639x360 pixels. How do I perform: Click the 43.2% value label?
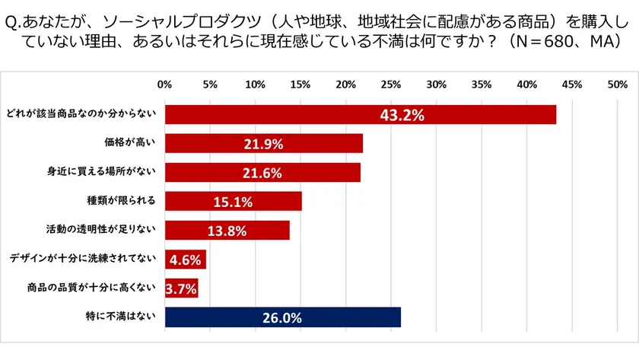click(402, 115)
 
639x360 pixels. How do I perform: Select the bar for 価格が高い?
click(263, 143)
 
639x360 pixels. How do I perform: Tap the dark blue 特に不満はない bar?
click(282, 317)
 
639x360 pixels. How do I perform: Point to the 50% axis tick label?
click(617, 84)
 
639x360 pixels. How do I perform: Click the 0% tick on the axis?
click(164, 84)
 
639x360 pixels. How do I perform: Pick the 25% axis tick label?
click(390, 84)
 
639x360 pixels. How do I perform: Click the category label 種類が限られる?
click(121, 201)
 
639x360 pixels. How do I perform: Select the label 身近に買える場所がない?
click(101, 172)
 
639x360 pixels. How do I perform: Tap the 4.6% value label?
click(185, 260)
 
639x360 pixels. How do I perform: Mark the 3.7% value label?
click(181, 288)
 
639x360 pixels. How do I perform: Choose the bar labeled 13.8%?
click(227, 230)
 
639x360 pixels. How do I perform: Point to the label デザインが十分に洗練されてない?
click(82, 259)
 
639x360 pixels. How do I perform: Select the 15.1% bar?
click(233, 201)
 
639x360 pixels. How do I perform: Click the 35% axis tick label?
click(481, 84)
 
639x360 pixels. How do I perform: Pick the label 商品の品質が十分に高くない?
click(90, 288)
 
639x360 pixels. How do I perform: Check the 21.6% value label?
click(263, 173)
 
